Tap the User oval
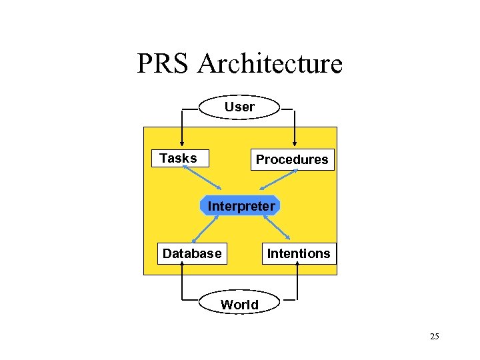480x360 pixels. point(239,107)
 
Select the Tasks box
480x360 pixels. point(179,158)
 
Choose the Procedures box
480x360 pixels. point(292,160)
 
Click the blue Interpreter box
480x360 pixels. point(241,206)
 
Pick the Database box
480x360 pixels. point(192,253)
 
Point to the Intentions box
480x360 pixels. point(298,253)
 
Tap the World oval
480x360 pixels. point(239,305)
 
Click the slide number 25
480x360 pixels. point(434,337)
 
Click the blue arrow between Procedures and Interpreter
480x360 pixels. point(278,181)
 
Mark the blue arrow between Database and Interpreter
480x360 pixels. point(207,229)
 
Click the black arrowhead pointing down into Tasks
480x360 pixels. point(181,147)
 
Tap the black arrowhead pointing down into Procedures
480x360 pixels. point(295,147)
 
